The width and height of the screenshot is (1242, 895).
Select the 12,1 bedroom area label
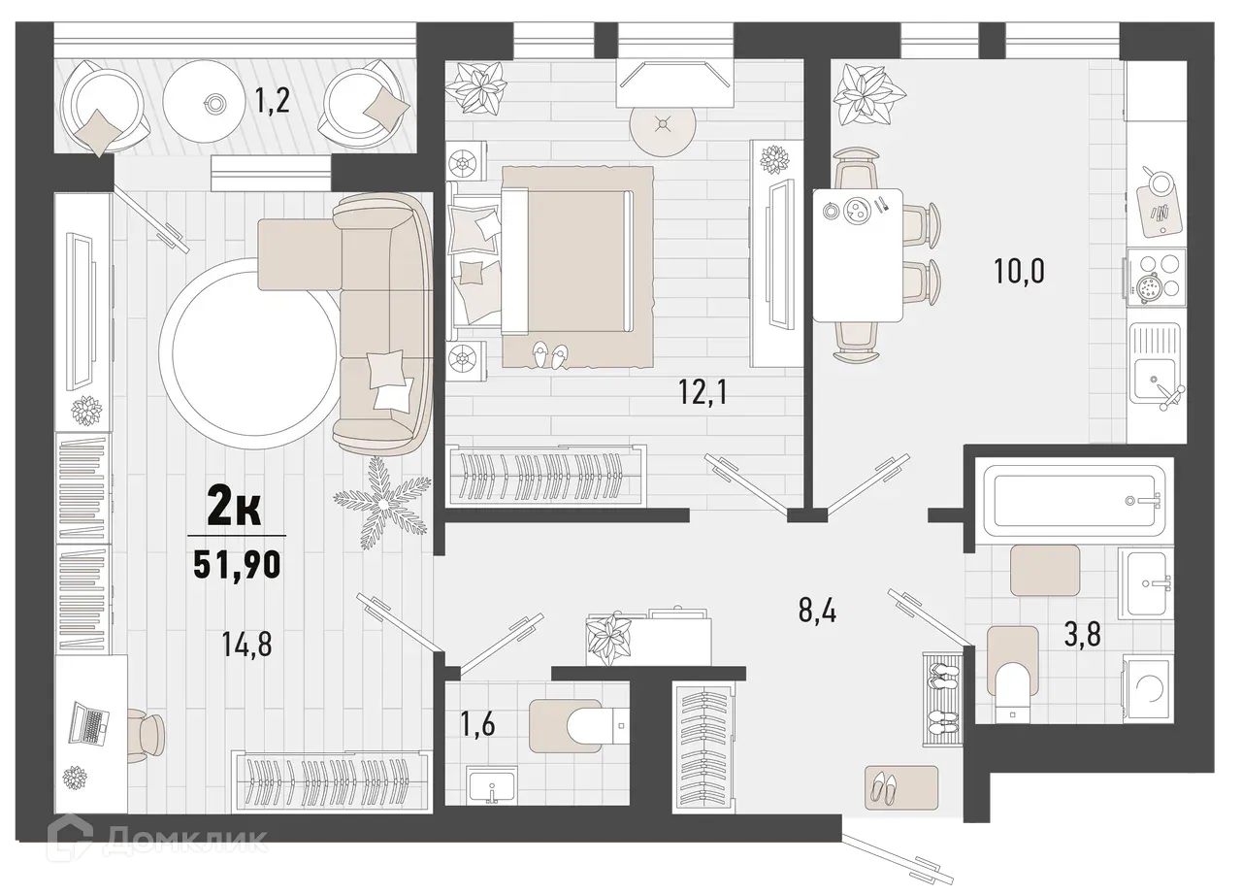click(x=703, y=393)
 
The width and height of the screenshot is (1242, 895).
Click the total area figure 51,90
click(x=237, y=564)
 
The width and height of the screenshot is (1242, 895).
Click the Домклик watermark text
click(x=184, y=841)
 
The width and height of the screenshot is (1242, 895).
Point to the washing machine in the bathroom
click(x=1148, y=690)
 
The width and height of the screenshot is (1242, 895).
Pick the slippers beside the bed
click(x=548, y=354)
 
